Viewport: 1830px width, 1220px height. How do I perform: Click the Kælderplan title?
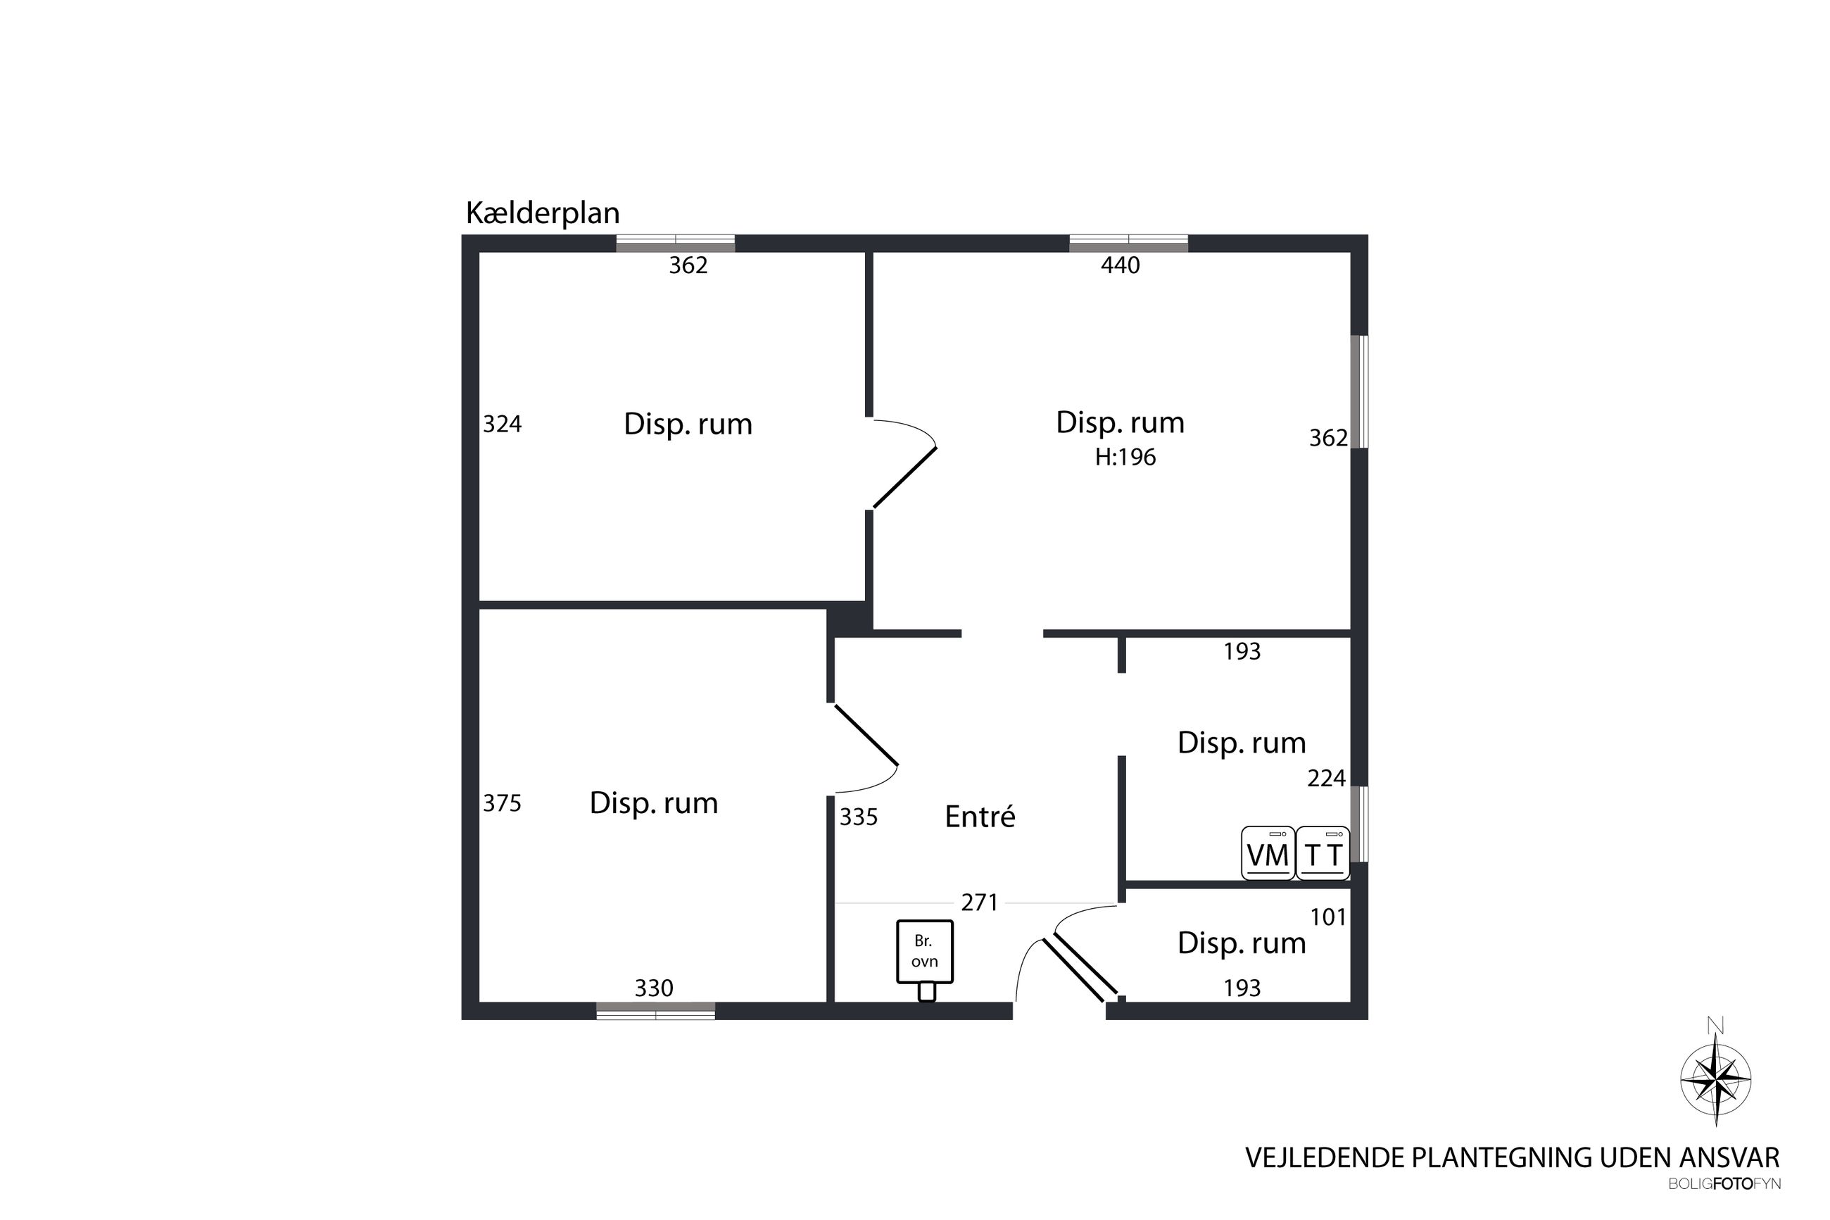[x=542, y=213]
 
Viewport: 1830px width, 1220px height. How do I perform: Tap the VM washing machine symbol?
[x=1268, y=853]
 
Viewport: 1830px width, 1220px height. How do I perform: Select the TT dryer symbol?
[x=1323, y=853]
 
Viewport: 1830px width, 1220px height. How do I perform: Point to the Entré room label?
[x=980, y=816]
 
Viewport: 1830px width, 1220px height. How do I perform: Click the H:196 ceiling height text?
[x=1125, y=457]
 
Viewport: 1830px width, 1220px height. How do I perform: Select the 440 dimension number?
[x=1120, y=265]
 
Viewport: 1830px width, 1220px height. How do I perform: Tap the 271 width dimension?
[x=979, y=902]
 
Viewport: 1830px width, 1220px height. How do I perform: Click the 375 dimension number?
[x=502, y=803]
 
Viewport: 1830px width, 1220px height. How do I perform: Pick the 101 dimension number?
[x=1327, y=917]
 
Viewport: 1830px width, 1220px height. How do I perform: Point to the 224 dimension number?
[x=1326, y=778]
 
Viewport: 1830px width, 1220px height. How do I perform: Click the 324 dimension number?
[x=502, y=424]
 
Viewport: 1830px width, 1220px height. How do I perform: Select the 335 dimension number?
[x=859, y=817]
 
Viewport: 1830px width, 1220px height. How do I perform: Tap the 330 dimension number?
[x=653, y=988]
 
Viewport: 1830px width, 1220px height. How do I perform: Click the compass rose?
[x=1716, y=1080]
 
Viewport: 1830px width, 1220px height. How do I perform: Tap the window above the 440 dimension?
[x=1128, y=243]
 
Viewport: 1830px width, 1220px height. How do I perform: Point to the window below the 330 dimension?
[x=655, y=1011]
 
